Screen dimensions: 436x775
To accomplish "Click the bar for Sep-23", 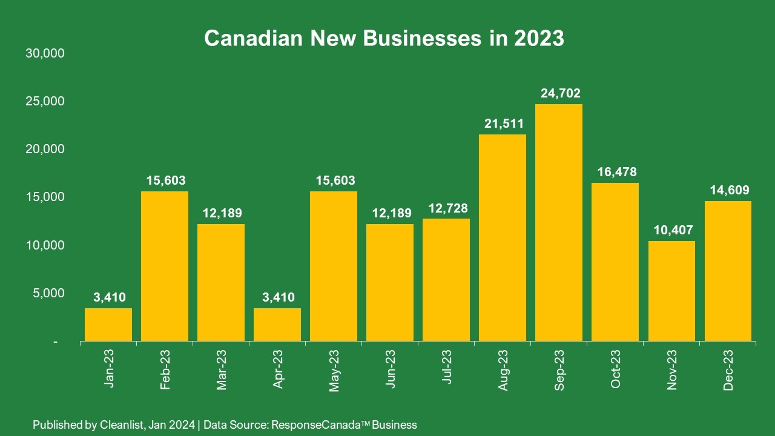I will click(x=559, y=223).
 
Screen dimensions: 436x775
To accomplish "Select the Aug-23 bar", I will click(x=503, y=238).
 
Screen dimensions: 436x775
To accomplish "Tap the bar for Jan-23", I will click(x=108, y=325).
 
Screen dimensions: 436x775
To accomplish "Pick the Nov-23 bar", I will click(x=671, y=291).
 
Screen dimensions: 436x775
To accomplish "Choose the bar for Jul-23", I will click(x=446, y=280).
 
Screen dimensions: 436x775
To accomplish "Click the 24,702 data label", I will click(x=560, y=93).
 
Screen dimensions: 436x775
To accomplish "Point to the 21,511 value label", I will click(x=504, y=124).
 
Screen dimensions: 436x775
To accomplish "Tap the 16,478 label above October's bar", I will click(x=616, y=172).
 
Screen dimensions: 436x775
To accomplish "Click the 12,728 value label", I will click(x=447, y=208).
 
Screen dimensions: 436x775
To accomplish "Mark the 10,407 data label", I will click(x=673, y=230).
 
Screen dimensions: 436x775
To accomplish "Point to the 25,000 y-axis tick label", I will click(x=44, y=101).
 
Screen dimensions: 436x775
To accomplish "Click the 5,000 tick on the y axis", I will click(x=48, y=293).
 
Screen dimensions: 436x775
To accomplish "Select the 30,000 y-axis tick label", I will click(x=44, y=53).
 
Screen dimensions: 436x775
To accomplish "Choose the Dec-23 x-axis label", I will click(x=728, y=369).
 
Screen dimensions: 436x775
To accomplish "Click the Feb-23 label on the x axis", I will click(x=165, y=369).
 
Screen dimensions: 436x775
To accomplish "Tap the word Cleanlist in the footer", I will click(x=120, y=424).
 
